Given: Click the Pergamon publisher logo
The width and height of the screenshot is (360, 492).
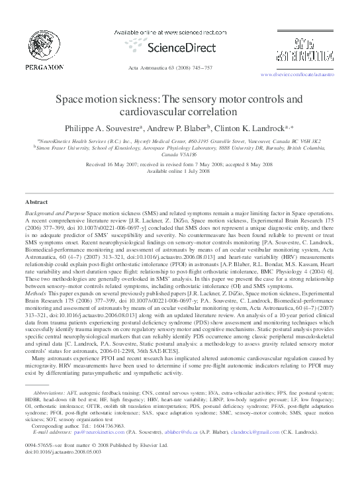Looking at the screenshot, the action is click(45, 50).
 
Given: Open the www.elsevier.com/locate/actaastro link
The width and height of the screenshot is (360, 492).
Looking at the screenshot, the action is click(298, 75).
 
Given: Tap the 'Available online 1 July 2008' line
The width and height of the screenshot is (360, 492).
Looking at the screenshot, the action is click(179, 171).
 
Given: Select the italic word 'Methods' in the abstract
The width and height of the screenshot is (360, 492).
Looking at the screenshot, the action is click(36, 312).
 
